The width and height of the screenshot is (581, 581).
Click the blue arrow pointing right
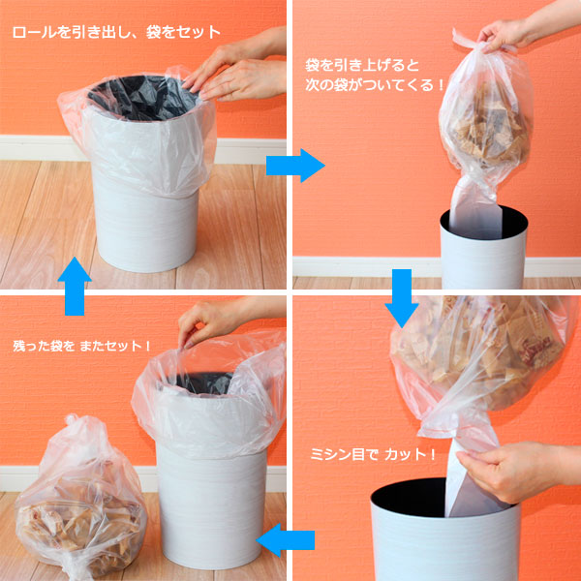pyautogui.click(x=295, y=166)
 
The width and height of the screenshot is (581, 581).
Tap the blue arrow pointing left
pyautogui.click(x=286, y=540)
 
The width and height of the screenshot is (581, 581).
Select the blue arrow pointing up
pyautogui.click(x=75, y=286)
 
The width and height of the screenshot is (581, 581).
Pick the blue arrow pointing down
pyautogui.click(x=402, y=298)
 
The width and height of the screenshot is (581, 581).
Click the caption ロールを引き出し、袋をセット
pyautogui.click(x=116, y=33)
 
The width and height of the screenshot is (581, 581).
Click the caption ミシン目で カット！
pyautogui.click(x=373, y=454)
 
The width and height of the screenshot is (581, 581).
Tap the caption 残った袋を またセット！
pyautogui.click(x=82, y=346)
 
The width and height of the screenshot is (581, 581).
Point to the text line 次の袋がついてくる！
pyautogui.click(x=375, y=85)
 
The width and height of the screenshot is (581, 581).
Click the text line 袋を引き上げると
pyautogui.click(x=362, y=66)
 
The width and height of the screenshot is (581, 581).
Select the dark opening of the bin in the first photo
pyautogui.click(x=142, y=98)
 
